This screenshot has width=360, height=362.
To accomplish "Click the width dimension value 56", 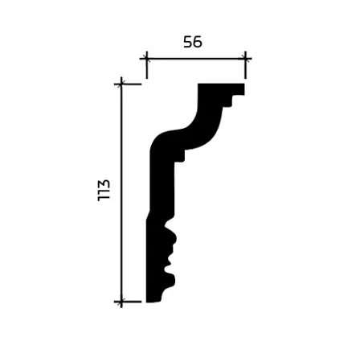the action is tap(193, 42).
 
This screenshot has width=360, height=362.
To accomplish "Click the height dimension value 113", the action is tap(104, 191).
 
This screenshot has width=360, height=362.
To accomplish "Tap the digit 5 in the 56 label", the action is tap(188, 42).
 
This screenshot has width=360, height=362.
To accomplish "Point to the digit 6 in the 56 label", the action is tap(198, 42).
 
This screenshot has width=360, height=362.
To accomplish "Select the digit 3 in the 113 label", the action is tap(104, 184).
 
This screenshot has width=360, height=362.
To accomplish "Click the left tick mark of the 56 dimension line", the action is tap(146, 58).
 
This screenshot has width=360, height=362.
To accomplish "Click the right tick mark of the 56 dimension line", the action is tap(246, 58).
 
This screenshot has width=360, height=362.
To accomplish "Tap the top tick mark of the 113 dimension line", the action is tap(121, 84).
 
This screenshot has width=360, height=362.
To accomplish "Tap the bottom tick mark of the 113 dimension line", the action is tap(121, 302).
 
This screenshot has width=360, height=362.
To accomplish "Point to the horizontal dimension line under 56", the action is tap(196, 58).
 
